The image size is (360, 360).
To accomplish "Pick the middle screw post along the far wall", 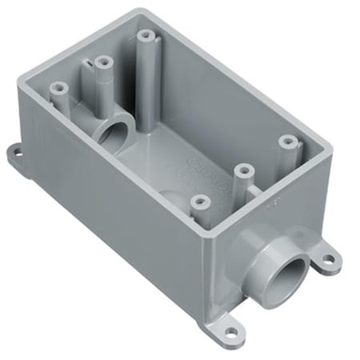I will tap(102, 61).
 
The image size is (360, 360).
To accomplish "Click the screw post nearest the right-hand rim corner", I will tap(285, 141).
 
